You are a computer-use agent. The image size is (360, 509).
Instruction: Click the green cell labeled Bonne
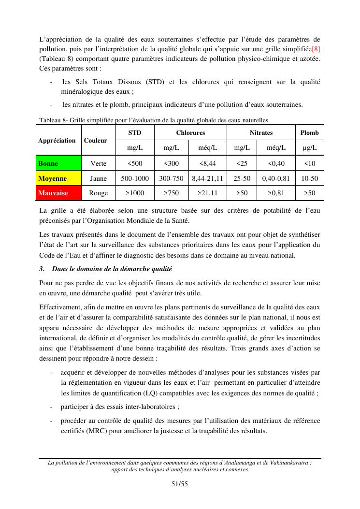(x=58, y=163)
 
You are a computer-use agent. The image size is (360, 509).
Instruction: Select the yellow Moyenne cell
(x=58, y=178)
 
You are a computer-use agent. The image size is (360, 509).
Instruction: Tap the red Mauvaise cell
(x=58, y=193)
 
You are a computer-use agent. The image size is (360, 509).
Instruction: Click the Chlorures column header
(x=190, y=132)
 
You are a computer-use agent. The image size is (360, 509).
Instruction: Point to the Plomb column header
(x=309, y=132)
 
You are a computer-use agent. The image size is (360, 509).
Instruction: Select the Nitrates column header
(x=261, y=132)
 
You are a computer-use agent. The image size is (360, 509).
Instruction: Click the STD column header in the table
(x=135, y=132)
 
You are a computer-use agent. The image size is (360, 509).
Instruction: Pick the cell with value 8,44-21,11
(x=207, y=178)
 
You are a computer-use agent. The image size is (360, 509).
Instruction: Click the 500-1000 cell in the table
(x=135, y=178)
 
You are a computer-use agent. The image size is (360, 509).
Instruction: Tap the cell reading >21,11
(x=207, y=193)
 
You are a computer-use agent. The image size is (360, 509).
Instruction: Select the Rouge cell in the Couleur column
(x=99, y=193)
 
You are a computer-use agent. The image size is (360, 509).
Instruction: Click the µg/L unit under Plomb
(x=309, y=147)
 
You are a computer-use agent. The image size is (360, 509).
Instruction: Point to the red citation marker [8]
(x=316, y=49)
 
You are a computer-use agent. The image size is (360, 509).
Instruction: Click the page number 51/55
(x=179, y=484)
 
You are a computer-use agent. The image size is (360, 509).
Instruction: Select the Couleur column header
(x=95, y=140)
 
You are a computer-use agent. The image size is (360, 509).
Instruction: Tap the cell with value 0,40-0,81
(x=276, y=178)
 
